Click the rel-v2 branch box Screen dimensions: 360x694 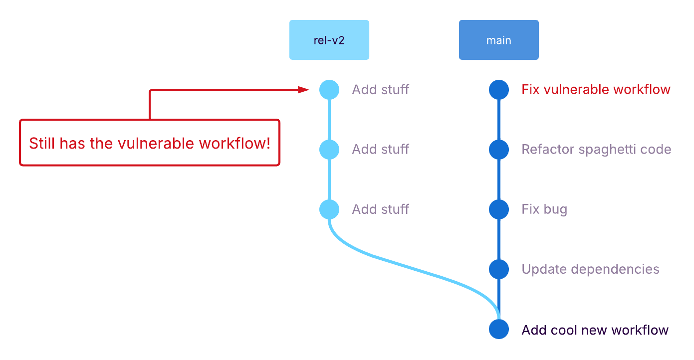coord(329,40)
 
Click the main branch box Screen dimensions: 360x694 coord(499,40)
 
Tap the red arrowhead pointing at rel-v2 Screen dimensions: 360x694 coord(304,90)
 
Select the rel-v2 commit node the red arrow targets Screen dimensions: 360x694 coord(329,90)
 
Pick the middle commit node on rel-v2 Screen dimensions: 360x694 coord(329,150)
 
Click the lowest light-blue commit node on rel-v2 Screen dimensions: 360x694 coord(329,209)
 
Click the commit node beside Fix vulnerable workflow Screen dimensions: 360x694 coord(499,90)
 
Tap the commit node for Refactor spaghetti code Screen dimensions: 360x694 coord(499,150)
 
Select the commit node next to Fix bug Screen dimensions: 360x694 coord(499,209)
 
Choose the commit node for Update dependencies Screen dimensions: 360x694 coord(499,269)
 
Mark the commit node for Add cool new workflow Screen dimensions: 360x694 coord(499,330)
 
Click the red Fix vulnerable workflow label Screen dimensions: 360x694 coord(596,90)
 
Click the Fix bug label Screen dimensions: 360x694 coord(544,209)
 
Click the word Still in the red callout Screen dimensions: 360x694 coord(42,144)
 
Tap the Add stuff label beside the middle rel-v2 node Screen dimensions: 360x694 coord(380,150)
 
